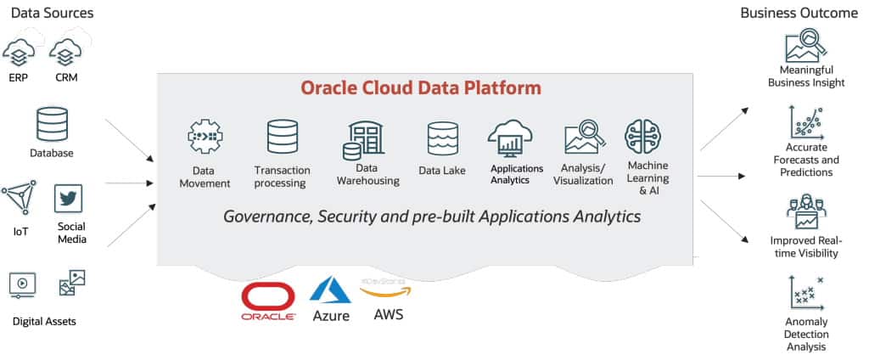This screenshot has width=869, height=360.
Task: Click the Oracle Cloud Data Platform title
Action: [420, 87]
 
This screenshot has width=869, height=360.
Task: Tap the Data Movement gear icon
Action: [205, 136]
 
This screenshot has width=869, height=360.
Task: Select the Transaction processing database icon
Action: [282, 136]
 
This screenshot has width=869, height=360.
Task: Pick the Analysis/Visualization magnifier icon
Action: [583, 136]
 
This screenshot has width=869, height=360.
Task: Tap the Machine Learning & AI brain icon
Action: [643, 136]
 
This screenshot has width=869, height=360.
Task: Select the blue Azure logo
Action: [330, 293]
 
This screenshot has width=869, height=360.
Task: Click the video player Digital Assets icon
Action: [22, 284]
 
